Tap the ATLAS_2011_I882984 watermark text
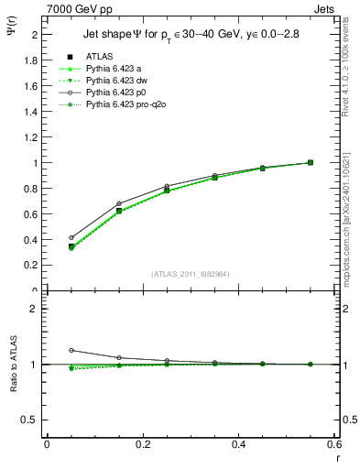coord(190,274)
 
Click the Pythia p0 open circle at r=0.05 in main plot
coord(71,237)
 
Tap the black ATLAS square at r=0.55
coord(311,162)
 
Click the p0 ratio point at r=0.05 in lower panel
coord(71,350)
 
